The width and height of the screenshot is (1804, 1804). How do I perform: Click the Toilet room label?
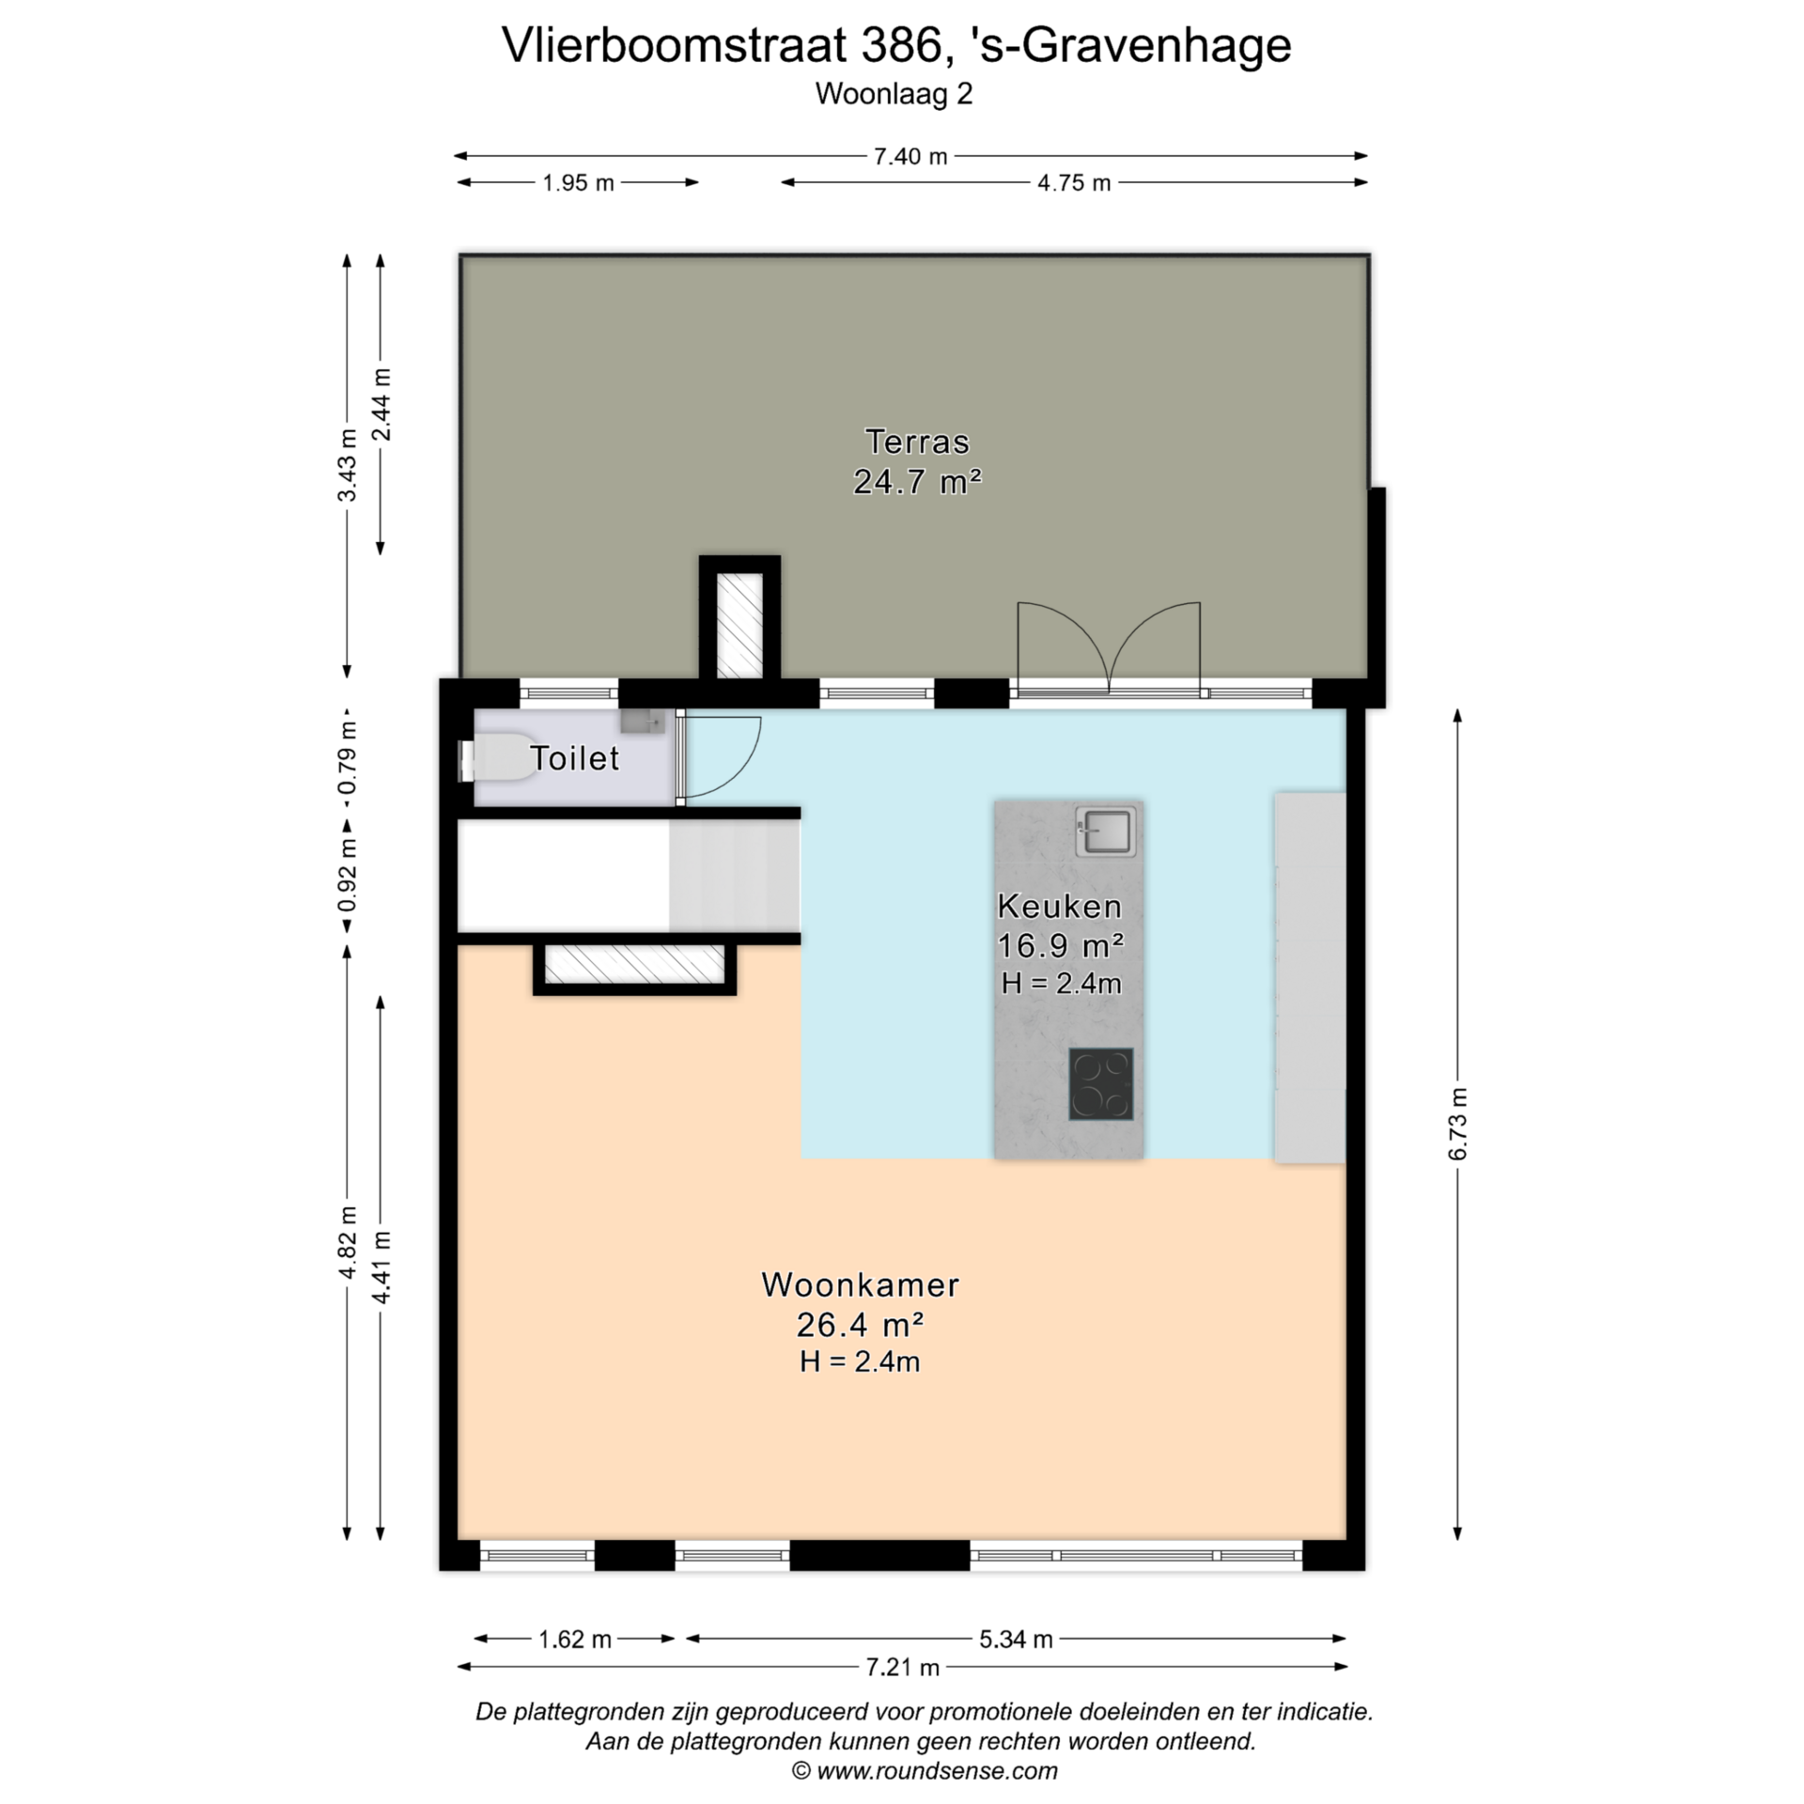[575, 758]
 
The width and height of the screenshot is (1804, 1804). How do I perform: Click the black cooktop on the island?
[1101, 1084]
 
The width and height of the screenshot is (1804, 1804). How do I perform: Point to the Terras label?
[917, 442]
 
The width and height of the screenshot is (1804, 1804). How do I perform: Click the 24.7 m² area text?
[917, 482]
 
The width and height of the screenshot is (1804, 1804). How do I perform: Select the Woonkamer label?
[860, 1284]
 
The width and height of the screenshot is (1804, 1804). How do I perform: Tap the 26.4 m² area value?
[860, 1325]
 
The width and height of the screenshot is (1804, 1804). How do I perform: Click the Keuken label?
[1060, 906]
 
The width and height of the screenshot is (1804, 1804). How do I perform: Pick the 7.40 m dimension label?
[910, 156]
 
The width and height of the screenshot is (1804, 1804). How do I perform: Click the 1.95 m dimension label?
[578, 182]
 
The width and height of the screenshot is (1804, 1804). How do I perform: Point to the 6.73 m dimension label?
[1457, 1124]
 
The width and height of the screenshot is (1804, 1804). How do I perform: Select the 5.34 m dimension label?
[1016, 1639]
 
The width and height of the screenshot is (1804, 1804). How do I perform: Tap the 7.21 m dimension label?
[902, 1667]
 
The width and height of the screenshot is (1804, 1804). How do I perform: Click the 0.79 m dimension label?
[348, 757]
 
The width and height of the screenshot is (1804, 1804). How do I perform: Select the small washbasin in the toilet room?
[643, 722]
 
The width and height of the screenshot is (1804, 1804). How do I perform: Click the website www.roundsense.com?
[937, 1771]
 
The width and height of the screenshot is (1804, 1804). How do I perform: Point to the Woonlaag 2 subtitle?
[894, 94]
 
